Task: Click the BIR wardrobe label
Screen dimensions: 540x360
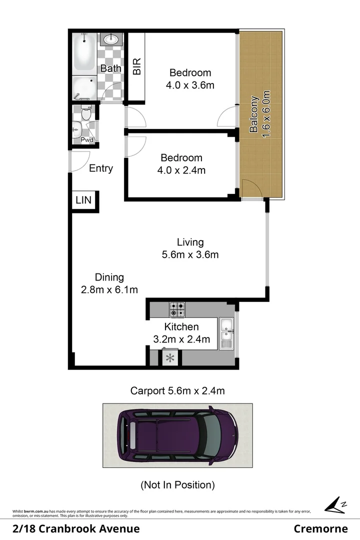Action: pyautogui.click(x=136, y=66)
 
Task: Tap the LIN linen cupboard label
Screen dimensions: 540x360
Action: pyautogui.click(x=83, y=200)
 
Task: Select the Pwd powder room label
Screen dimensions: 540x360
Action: pyautogui.click(x=87, y=140)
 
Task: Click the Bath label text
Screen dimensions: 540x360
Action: pyautogui.click(x=110, y=68)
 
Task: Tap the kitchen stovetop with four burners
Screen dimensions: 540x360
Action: pyautogui.click(x=176, y=309)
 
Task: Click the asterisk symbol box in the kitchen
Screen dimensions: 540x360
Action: pyautogui.click(x=169, y=358)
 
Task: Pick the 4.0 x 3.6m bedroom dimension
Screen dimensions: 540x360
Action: pyautogui.click(x=190, y=85)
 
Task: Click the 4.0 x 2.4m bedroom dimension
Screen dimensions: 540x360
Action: pyautogui.click(x=181, y=170)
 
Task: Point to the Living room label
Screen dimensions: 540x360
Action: pyautogui.click(x=190, y=242)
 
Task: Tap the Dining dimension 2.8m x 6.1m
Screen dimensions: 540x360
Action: pyautogui.click(x=109, y=289)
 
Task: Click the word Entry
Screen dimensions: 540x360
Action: pyautogui.click(x=101, y=168)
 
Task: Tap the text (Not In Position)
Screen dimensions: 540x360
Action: pyautogui.click(x=177, y=484)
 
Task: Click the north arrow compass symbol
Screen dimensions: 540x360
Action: pyautogui.click(x=334, y=505)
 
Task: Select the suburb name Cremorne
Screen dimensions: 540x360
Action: pyautogui.click(x=320, y=529)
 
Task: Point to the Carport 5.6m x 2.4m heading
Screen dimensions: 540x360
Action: pyautogui.click(x=177, y=391)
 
